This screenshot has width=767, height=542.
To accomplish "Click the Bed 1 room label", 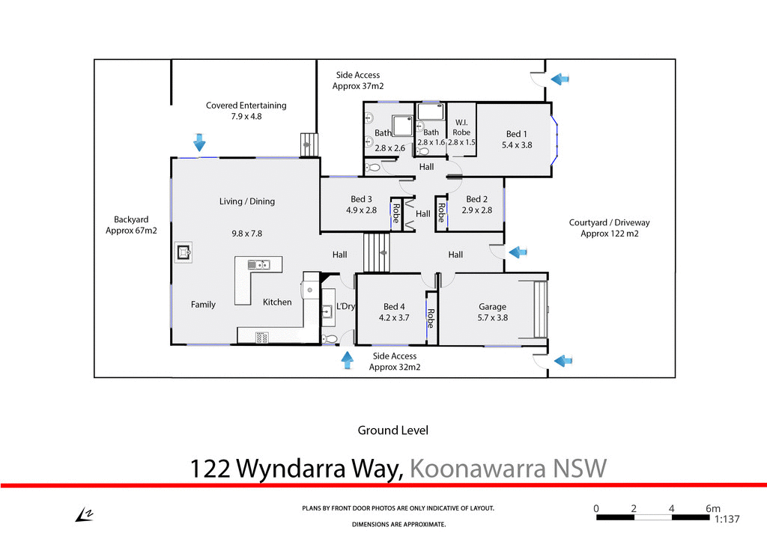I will point(517,135).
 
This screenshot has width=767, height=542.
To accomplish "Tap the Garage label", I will point(492,306).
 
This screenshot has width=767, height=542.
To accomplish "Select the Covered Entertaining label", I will point(246,106).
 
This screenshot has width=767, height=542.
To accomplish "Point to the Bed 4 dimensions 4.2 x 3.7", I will point(394,317).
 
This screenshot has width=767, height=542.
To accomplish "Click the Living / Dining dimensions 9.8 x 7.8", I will point(246,234).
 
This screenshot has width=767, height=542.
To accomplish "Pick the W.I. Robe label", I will point(461,127).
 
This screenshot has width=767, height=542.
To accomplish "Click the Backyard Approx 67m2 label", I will point(131,225).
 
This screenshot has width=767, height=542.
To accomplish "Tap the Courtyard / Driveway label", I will point(609,222).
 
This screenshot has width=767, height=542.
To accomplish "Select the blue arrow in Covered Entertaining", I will point(198,141).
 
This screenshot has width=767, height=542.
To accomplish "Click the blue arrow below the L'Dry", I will point(347,360).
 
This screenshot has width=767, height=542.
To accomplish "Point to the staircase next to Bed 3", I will point(377,252).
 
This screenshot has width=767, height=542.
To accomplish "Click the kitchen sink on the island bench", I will point(258,264).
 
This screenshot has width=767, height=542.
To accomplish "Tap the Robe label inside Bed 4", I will point(430,319).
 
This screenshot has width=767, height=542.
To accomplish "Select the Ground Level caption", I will point(392,430).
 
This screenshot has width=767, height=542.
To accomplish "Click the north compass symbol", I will point(83,514).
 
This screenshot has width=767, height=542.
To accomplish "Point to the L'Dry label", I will point(345,306).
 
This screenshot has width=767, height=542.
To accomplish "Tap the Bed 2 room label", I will point(477,199).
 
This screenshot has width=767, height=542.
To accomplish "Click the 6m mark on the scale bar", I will point(713,508).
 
